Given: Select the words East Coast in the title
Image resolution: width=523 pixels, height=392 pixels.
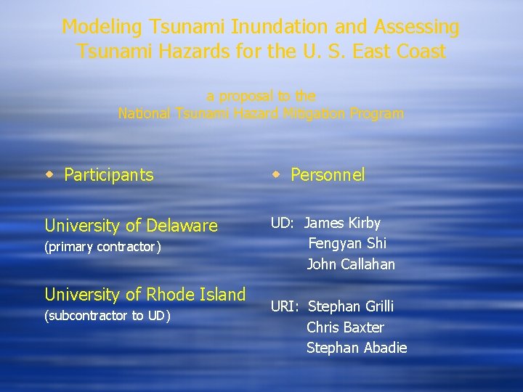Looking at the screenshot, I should point(402,52).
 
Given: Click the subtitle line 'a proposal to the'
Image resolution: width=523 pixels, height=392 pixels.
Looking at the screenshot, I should point(261,96).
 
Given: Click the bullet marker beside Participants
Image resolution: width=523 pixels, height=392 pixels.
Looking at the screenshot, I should point(50,174).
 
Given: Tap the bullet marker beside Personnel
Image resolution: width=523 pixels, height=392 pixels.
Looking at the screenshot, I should point(277,174).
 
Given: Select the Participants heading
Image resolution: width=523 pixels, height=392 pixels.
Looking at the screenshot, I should point(109,175).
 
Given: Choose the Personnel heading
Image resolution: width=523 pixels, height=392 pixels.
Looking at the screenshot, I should point(328,175).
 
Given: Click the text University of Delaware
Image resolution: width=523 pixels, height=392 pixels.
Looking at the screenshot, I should point(131,226).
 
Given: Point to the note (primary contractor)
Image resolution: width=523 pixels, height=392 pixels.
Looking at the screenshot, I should point(102,247).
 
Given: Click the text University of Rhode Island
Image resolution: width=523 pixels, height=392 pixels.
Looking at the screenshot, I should point(145,295).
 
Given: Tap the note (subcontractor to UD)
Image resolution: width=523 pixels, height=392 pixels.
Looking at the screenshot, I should point(108,316).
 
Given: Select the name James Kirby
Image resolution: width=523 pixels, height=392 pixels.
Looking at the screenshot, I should point(342,223).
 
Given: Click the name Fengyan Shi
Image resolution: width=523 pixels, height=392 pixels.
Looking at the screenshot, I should point(347,243).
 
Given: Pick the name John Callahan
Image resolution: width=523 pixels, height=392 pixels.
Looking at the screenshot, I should point(351,264).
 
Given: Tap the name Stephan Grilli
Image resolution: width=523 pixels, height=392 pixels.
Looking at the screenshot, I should point(350,306).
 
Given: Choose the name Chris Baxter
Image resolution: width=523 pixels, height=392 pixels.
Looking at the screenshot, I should point(345,327).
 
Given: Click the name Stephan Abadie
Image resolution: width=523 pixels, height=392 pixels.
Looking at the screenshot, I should point(356,348).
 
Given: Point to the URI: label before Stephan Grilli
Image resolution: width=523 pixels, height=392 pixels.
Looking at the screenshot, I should point(286,306).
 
